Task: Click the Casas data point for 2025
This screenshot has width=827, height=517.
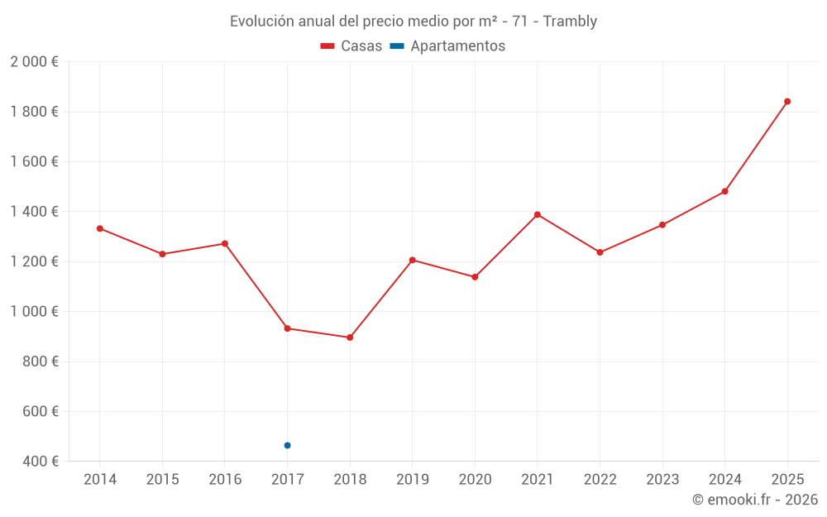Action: [787, 102]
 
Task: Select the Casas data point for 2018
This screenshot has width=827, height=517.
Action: [350, 337]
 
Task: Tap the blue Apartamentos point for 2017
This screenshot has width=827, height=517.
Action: [287, 445]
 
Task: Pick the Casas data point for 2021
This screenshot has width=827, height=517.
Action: [538, 215]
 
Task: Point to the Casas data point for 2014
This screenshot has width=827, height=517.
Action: [100, 228]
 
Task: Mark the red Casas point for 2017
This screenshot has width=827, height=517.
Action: [287, 328]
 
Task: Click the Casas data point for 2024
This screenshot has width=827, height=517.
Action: [724, 191]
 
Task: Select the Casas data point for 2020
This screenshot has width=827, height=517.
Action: [475, 277]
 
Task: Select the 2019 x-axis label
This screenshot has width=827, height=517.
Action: [412, 480]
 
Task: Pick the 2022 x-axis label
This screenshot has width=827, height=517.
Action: [600, 480]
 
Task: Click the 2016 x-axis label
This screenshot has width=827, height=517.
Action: [225, 480]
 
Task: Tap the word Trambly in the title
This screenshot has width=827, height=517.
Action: [570, 22]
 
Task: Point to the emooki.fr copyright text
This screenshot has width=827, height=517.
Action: [754, 500]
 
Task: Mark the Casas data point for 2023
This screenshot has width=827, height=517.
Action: [662, 225]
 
